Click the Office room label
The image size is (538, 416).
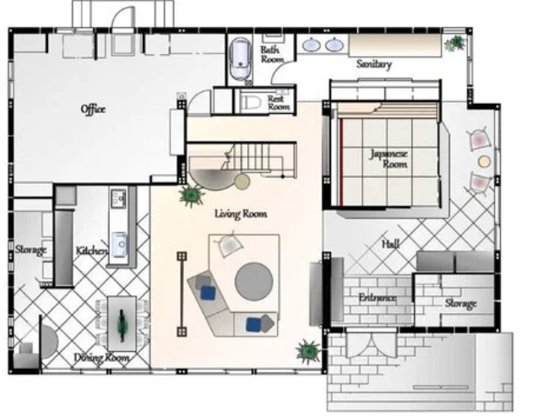click(x=93, y=110)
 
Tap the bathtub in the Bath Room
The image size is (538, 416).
click(x=242, y=58)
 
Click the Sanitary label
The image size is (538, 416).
click(x=374, y=64)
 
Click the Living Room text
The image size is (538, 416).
click(x=241, y=214)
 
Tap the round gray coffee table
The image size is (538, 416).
click(x=254, y=281)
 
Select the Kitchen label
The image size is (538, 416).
click(x=91, y=251)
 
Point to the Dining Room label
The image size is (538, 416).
click(x=102, y=358)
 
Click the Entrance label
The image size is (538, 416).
click(x=378, y=298)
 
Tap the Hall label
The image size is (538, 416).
click(x=391, y=244)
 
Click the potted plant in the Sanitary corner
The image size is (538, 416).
click(x=456, y=43)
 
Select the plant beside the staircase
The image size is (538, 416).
click(x=192, y=195)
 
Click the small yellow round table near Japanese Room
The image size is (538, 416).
click(x=484, y=161)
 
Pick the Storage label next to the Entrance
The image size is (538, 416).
click(x=461, y=303)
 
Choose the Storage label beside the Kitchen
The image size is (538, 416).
click(x=30, y=250)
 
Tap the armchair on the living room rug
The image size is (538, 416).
click(x=229, y=244)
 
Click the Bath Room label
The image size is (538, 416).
click(x=272, y=55)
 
